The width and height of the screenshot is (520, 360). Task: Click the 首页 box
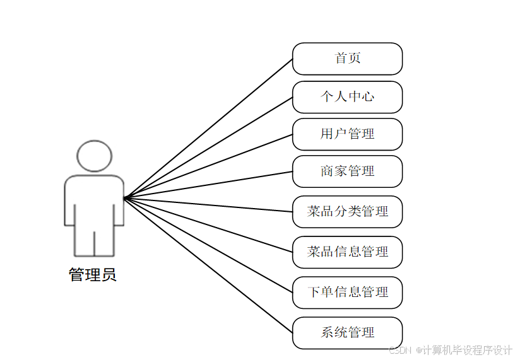(347, 59)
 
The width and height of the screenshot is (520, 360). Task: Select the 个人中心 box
(347, 97)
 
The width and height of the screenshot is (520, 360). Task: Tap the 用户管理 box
(347, 134)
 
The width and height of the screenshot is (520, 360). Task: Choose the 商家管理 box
(347, 171)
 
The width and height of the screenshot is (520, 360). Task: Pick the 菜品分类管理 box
(347, 212)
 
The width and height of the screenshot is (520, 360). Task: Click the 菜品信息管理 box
(347, 252)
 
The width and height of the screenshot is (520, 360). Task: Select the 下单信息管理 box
(347, 293)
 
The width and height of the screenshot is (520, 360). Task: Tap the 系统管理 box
(347, 333)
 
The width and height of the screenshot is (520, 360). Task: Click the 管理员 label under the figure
(93, 276)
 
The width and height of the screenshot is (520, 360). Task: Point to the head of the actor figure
(94, 156)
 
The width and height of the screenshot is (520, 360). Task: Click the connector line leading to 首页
(208, 129)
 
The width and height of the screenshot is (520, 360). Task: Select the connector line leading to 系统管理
(208, 265)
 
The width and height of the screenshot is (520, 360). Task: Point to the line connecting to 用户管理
(208, 166)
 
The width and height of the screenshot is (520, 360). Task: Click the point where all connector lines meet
(124, 198)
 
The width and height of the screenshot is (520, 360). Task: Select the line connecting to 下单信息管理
(208, 245)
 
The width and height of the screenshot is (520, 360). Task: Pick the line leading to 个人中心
(208, 148)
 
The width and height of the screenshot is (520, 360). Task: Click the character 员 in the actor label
(109, 276)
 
